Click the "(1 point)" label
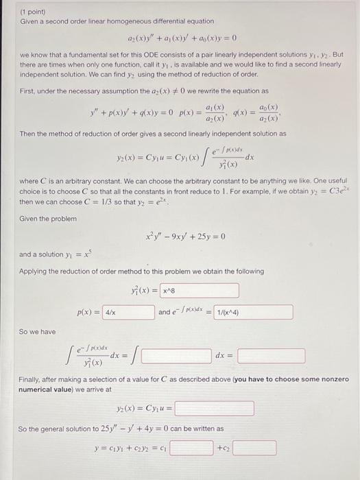click(32, 12)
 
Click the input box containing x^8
click(200, 291)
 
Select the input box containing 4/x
click(128, 313)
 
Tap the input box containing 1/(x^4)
click(253, 313)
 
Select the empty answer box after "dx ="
click(272, 357)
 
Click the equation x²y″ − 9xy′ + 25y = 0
click(185, 237)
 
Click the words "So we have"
click(38, 331)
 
